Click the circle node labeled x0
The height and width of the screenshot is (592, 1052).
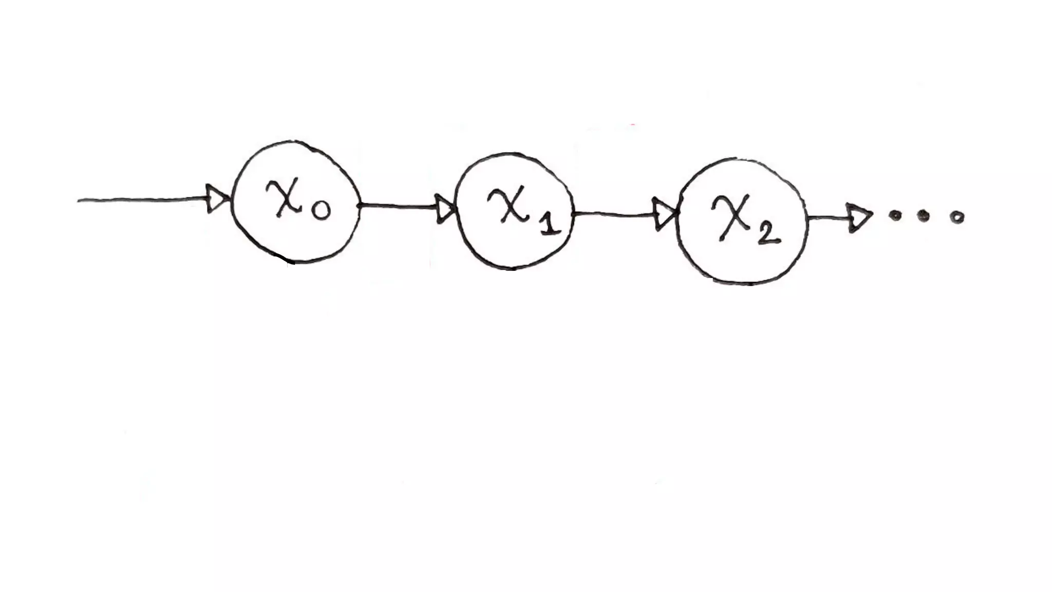point(295,201)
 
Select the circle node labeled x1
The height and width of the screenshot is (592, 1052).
point(515,211)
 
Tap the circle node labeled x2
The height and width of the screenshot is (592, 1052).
point(742,221)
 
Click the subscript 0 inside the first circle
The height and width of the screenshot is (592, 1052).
point(321,210)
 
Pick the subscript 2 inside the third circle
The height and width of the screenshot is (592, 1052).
point(768,234)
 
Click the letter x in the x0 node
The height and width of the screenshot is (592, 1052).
point(284,198)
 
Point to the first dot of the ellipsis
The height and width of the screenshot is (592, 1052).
point(896,216)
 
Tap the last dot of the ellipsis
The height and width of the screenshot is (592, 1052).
point(956,218)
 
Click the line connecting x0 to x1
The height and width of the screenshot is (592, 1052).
point(398,207)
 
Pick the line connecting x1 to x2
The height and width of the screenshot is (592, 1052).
point(614,213)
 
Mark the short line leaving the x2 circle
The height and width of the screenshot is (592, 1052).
point(827,218)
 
